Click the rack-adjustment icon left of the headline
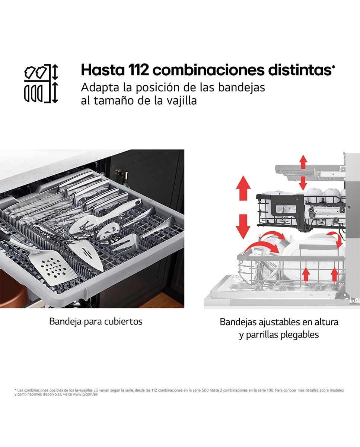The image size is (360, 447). tap(41, 83)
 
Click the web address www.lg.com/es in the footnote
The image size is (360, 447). tap(85, 394)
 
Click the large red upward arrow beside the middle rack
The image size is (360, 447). tap(243, 188)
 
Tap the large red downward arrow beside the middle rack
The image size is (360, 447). tap(243, 227)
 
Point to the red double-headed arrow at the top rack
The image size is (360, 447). tap(303, 172)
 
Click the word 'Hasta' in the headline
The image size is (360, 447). tap(103, 70)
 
